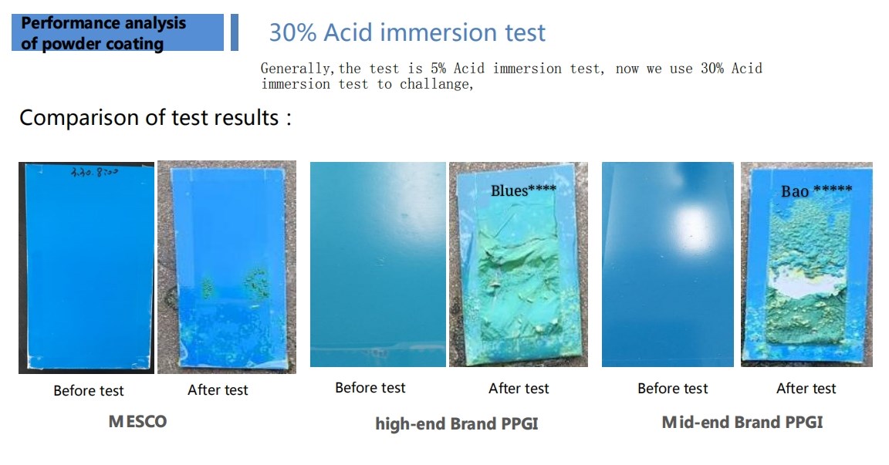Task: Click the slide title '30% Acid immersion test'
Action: coord(407,33)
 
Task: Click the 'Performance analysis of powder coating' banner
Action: coord(117,33)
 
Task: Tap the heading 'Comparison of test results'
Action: coord(155,118)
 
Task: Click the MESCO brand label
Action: coord(137,421)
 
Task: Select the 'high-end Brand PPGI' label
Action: coord(456,423)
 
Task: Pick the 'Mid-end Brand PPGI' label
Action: coord(742,422)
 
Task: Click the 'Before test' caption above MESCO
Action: coord(89,390)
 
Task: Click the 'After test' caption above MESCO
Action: coord(218,390)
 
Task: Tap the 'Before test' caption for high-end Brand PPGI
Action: coord(370,388)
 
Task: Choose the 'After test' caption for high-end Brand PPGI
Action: coord(519,388)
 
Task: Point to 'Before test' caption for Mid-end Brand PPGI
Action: coord(673,388)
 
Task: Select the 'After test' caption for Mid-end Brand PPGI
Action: coord(806,388)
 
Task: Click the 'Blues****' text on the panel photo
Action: coord(523,190)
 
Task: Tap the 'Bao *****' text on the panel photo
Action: coord(816,190)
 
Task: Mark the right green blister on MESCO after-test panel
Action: coord(256,282)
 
